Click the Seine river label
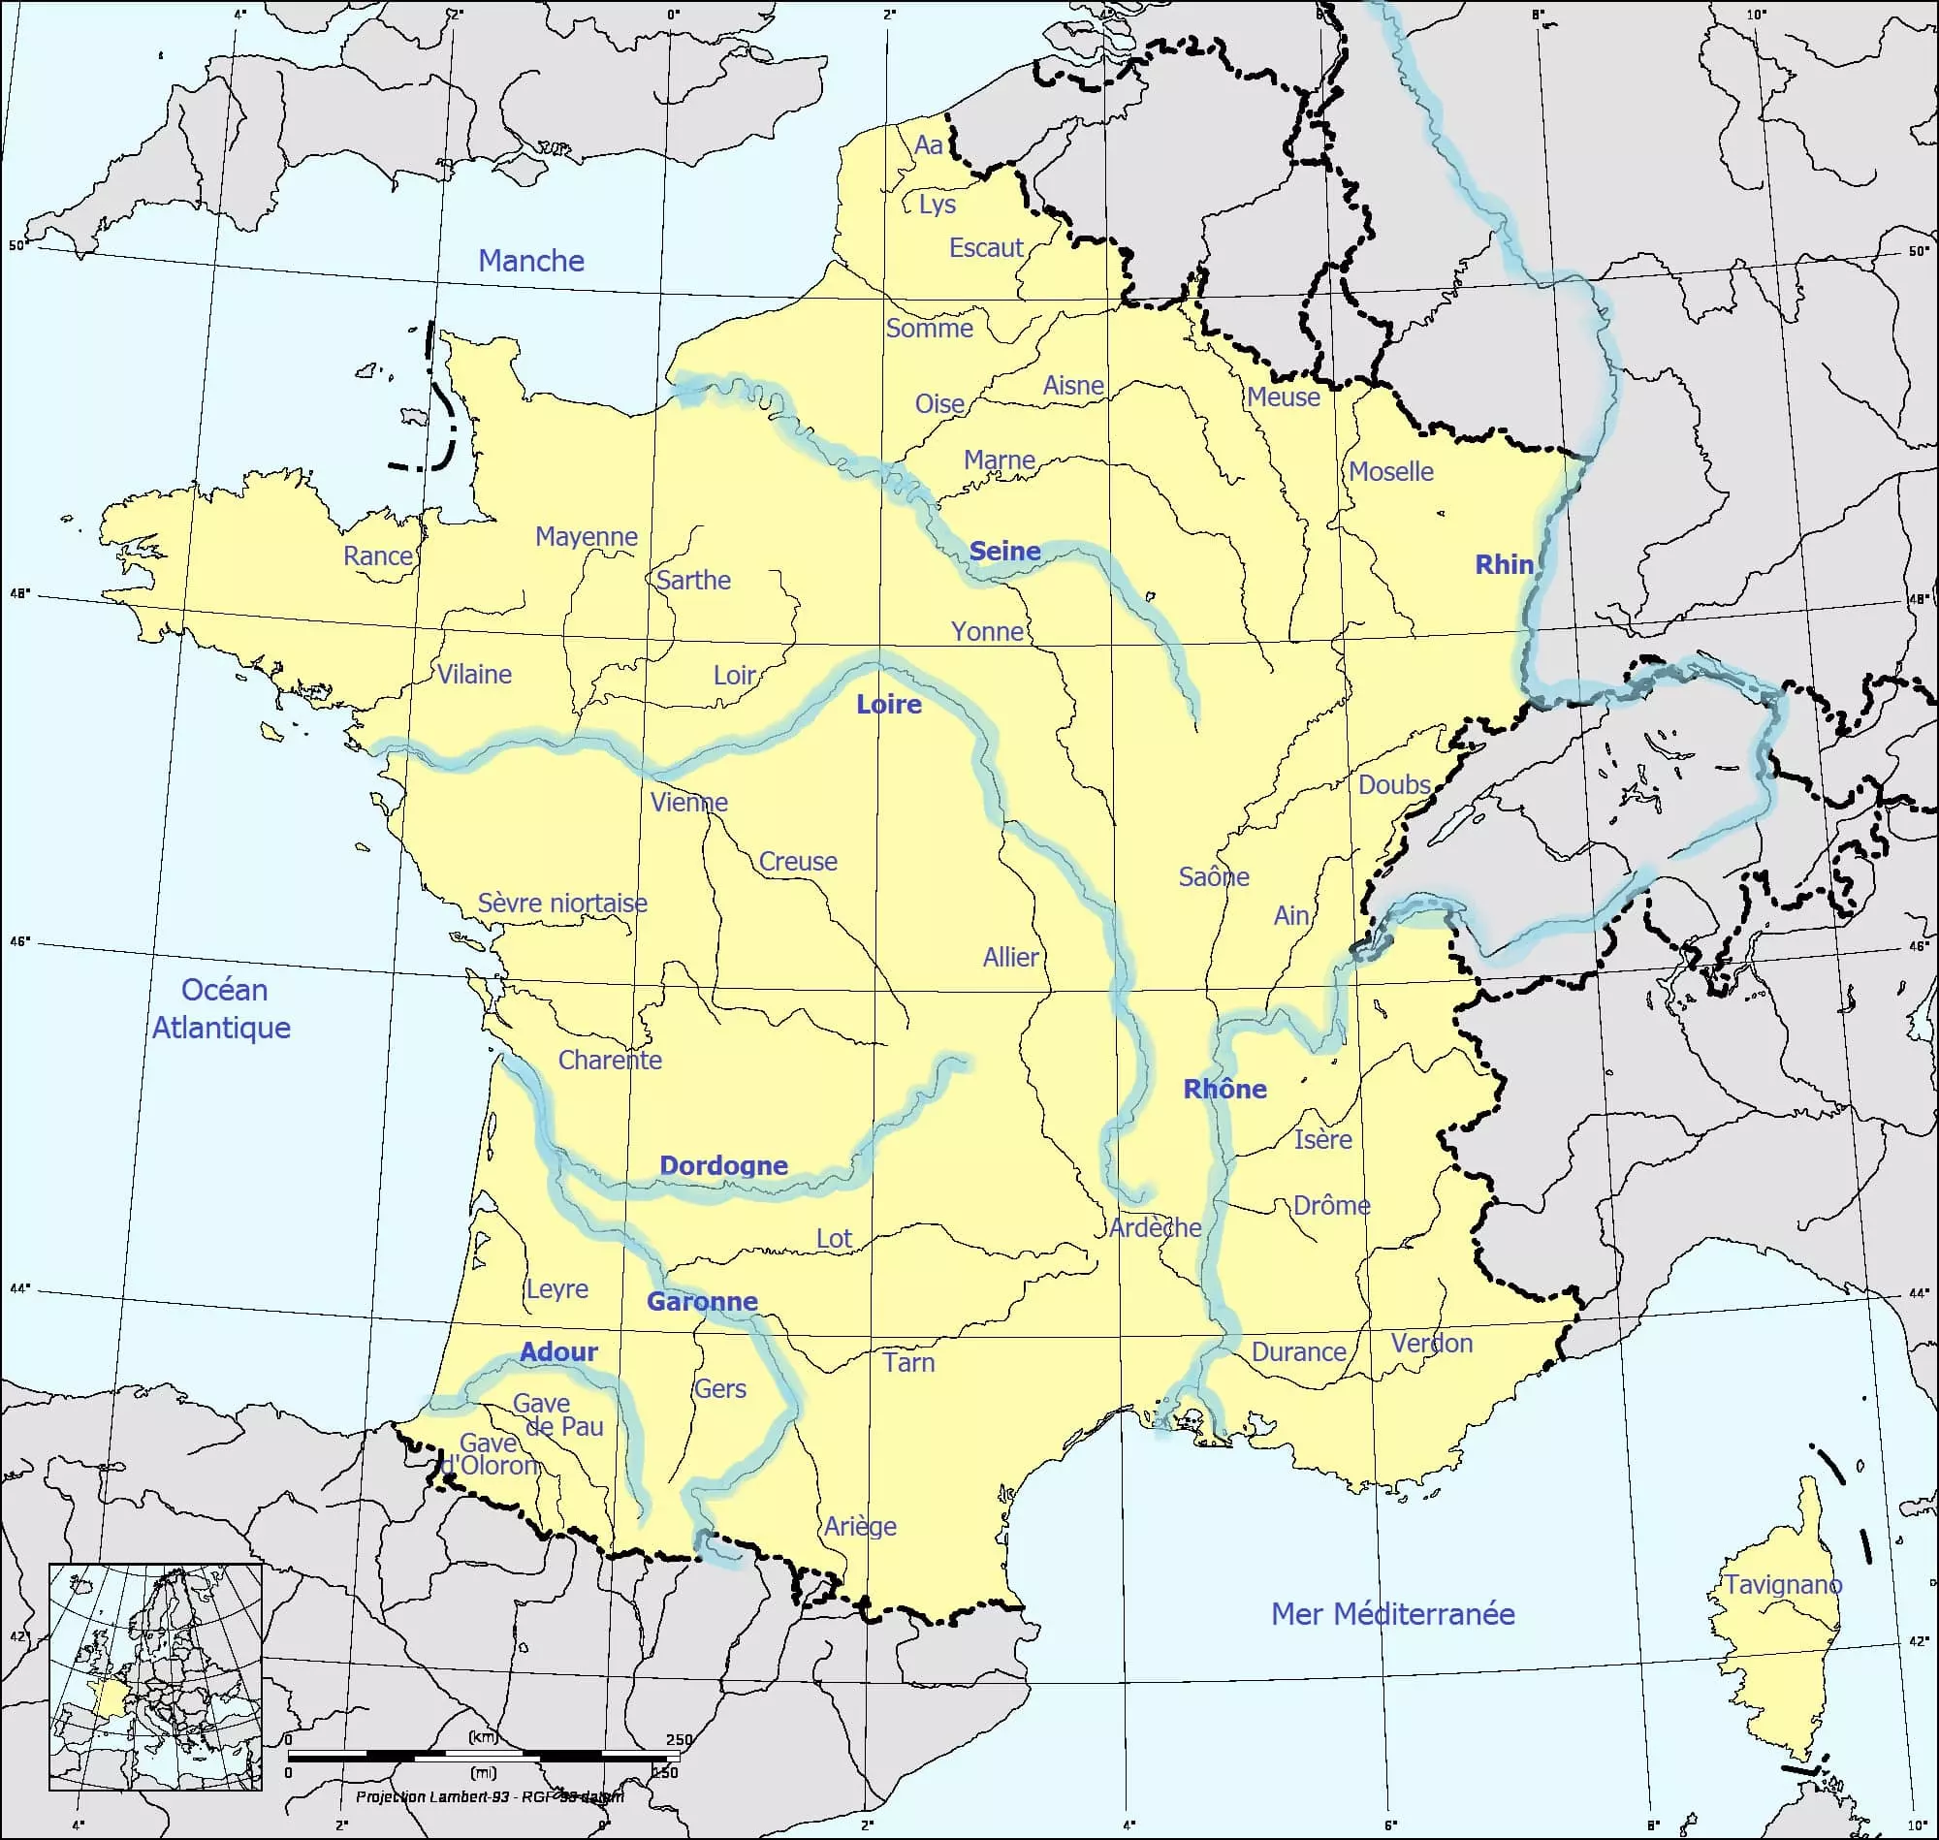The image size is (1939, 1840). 1004,552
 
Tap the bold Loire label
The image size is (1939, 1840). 889,704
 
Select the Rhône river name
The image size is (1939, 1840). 1224,1089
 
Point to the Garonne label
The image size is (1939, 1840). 702,1302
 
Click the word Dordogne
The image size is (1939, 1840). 723,1165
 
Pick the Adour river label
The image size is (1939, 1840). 558,1351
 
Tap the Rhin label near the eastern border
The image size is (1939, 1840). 1504,564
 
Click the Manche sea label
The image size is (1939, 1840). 530,261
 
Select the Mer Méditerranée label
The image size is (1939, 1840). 1392,1613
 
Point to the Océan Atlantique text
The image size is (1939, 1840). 223,1008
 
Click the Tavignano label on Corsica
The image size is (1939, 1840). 1783,1584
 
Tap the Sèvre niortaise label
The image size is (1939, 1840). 562,903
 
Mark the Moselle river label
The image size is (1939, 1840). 1389,472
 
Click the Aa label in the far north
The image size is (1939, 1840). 928,145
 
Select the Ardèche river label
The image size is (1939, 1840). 1155,1228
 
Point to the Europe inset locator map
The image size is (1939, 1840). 156,1676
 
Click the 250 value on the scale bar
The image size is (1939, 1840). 679,1740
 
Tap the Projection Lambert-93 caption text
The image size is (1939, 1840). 489,1796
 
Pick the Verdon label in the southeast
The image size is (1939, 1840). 1431,1343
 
